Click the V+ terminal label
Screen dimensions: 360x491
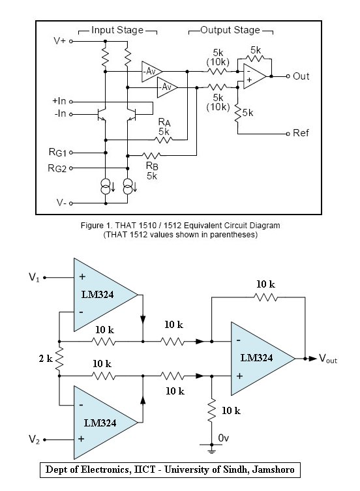(59, 40)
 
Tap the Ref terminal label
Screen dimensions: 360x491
(301, 133)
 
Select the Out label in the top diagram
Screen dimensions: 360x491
(301, 76)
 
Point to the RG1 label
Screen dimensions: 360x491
(57, 153)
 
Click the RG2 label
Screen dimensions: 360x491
(57, 168)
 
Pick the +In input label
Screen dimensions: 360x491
(59, 101)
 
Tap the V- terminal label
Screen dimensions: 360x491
(61, 203)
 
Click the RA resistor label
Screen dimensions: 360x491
(164, 122)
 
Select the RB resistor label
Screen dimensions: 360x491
(152, 166)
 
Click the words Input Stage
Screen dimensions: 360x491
(117, 30)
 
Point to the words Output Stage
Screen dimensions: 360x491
(230, 30)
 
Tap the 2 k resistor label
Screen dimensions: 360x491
(46, 359)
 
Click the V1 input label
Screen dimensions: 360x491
(34, 277)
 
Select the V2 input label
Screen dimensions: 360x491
(34, 439)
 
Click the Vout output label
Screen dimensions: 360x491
(328, 359)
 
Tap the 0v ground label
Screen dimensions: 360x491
(224, 438)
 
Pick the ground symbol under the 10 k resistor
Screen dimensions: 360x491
(211, 449)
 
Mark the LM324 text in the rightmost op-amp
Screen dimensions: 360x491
(256, 358)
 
